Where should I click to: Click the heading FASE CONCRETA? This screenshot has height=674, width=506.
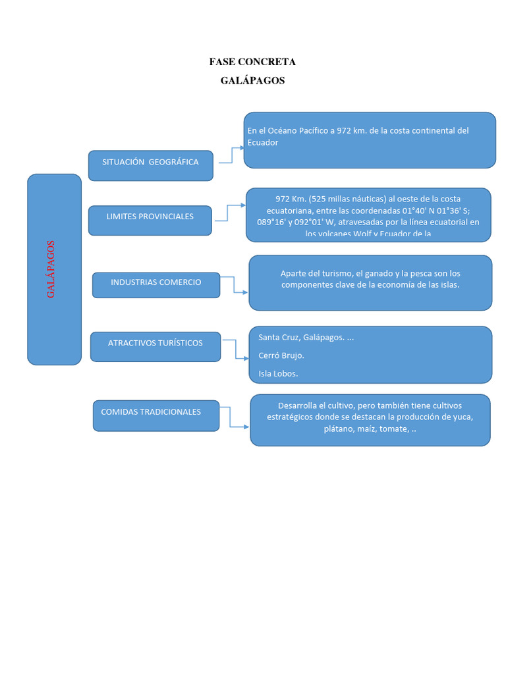[252, 62]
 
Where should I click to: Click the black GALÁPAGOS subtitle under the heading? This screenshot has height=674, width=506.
[252, 80]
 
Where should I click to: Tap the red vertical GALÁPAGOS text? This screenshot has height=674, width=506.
[51, 269]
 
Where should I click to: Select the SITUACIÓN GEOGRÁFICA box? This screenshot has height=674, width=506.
[150, 165]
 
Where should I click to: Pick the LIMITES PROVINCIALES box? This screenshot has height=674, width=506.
[150, 219]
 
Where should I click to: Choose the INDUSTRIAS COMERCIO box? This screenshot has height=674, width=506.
[156, 284]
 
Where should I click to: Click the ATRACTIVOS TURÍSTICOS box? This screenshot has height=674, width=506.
[155, 346]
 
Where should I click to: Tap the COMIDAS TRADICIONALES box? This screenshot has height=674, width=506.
[156, 415]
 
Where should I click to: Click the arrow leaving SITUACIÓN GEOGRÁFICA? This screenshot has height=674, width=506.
[229, 155]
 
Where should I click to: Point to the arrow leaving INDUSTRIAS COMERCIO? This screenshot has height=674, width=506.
[235, 284]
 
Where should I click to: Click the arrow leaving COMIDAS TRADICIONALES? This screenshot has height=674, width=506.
[234, 417]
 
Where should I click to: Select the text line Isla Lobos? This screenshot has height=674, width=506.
[278, 374]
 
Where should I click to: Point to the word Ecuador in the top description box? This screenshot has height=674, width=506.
[263, 142]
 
